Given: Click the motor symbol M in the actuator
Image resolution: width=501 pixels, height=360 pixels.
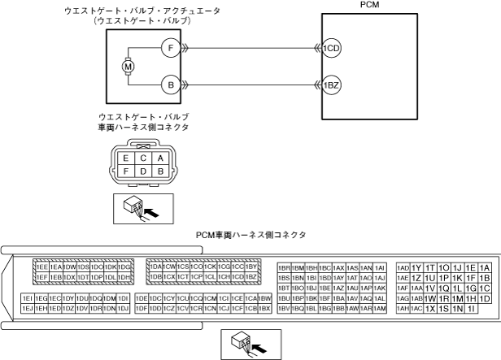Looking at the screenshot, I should [x=127, y=65].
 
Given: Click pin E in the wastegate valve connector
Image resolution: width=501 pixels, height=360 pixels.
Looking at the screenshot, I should [x=124, y=158].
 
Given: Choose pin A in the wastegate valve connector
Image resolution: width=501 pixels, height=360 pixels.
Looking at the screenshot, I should [x=160, y=158].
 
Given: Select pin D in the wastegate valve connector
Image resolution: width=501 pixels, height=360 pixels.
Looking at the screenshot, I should [x=142, y=171].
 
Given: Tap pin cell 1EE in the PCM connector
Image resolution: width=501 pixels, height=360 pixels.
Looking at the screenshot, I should [x=41, y=267].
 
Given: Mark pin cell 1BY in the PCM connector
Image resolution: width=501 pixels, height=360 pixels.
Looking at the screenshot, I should [x=251, y=267].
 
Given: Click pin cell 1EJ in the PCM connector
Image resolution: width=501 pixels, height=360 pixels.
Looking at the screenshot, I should [x=27, y=309].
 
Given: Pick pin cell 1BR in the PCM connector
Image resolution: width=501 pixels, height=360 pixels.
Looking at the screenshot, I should [x=284, y=267].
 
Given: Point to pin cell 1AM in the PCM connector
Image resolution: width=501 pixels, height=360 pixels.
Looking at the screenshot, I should [x=379, y=309].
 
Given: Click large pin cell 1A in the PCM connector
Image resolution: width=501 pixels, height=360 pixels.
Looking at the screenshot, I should [x=485, y=267].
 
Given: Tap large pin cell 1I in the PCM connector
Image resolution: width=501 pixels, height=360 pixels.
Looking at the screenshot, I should [x=471, y=309].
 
